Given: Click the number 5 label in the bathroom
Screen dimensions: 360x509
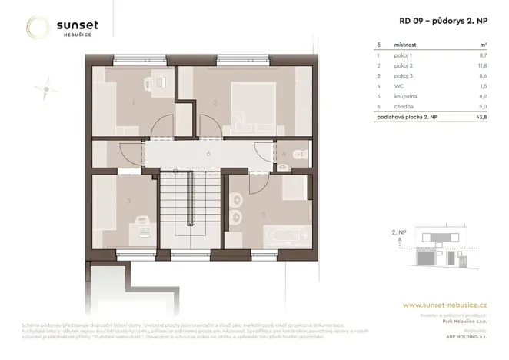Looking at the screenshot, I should [x=264, y=215].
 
